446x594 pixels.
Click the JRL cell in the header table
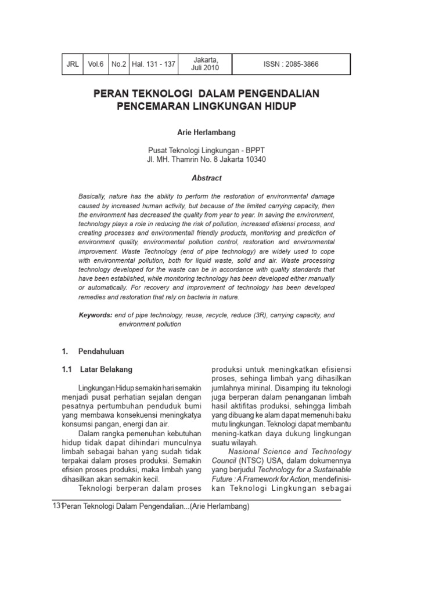coord(73,64)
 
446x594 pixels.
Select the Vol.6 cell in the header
coord(95,64)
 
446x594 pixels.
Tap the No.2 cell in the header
coord(118,64)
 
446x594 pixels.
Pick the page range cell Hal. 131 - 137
coord(153,64)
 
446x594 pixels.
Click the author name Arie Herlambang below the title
coord(207,133)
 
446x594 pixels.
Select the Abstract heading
coord(207,178)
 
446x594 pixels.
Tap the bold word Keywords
coord(95,315)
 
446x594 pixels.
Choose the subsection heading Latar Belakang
coord(106,370)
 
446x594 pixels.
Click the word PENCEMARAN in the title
coord(148,107)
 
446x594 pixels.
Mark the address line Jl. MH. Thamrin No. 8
coord(207,160)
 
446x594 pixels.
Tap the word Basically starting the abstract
coord(92,197)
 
